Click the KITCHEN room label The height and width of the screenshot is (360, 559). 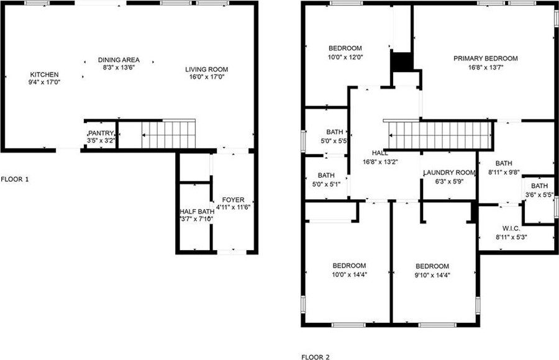point(44,74)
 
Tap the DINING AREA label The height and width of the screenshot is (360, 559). point(119,60)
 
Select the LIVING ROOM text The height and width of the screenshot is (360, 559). point(206,69)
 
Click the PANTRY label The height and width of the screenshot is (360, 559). point(101,133)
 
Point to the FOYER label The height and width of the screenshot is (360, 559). point(233,200)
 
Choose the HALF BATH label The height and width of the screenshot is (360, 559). point(197,212)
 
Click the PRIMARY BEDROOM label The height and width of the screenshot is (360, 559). point(486,58)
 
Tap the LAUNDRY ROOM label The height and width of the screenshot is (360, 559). point(449,173)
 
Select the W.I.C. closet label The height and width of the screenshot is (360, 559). point(511,228)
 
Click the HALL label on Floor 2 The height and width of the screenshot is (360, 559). point(380,153)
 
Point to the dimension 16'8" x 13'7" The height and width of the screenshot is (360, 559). point(486,68)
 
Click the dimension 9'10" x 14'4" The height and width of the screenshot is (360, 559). point(432,275)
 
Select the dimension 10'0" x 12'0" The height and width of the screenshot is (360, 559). point(345,57)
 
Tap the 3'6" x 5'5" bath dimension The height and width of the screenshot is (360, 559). point(539,195)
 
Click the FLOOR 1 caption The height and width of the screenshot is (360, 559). point(15,179)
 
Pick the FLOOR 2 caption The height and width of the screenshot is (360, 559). point(316,357)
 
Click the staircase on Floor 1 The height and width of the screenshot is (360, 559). point(168,134)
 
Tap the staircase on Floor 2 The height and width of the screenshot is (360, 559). point(439,135)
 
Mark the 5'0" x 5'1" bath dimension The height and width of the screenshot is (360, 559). point(326,184)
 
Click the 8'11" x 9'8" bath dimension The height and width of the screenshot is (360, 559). point(504,172)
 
